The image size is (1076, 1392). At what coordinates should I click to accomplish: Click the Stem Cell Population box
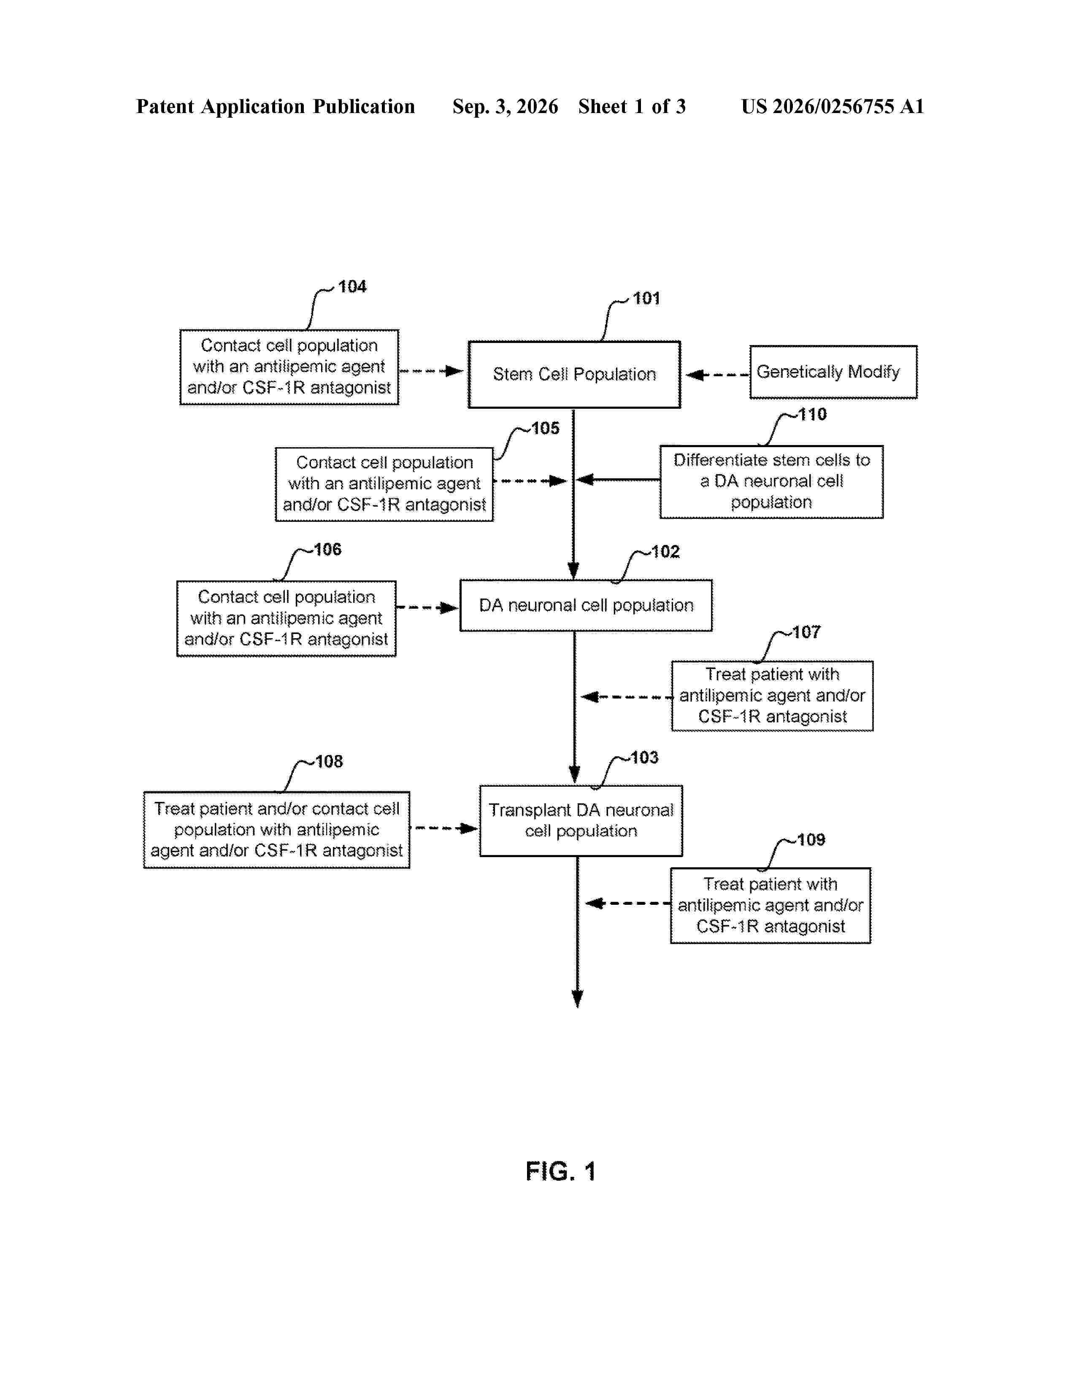(x=574, y=374)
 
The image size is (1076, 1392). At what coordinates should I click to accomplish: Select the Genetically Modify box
(x=833, y=372)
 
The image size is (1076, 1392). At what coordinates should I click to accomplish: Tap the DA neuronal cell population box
(x=586, y=605)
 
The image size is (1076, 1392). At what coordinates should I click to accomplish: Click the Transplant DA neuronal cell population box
(x=581, y=821)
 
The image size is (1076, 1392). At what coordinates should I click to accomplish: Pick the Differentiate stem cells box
(x=771, y=482)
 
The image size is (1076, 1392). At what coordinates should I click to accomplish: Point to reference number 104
(x=352, y=287)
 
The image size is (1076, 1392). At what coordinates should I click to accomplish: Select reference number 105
(x=546, y=428)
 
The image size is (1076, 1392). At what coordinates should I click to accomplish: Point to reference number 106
(x=327, y=549)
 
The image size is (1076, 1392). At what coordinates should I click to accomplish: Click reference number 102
(x=665, y=552)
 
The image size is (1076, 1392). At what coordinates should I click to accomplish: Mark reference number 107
(x=806, y=632)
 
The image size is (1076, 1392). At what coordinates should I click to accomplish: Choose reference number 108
(x=329, y=762)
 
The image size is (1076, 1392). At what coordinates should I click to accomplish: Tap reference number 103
(x=644, y=758)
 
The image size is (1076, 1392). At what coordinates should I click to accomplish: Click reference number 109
(x=811, y=840)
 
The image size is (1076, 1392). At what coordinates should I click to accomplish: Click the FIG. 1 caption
(x=560, y=1171)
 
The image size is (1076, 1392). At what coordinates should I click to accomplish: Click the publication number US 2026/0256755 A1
(x=833, y=106)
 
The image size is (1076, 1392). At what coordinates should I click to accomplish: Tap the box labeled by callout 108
(x=277, y=830)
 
